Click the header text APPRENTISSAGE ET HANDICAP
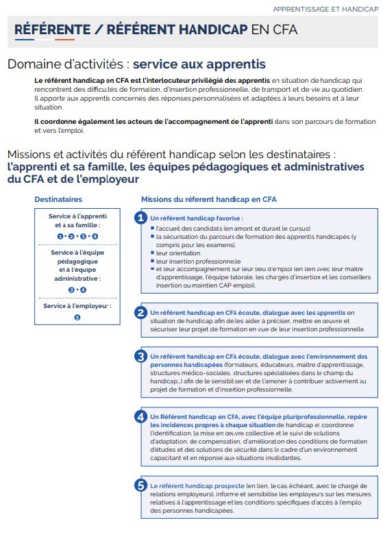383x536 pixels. tap(325, 10)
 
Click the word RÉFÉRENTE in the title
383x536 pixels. tap(52, 29)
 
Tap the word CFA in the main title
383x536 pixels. tap(284, 29)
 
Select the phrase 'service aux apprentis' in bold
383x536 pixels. tap(199, 64)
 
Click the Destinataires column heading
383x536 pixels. tap(58, 199)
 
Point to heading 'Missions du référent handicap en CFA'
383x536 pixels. tap(208, 199)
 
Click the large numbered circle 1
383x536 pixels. tap(141, 218)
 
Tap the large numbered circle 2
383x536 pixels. tap(141, 313)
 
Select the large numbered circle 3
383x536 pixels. tap(141, 357)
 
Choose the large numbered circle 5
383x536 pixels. tap(141, 485)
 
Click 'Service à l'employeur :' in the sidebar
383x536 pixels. tap(77, 306)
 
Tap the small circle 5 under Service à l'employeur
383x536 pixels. tap(77, 318)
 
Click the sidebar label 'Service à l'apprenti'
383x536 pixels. tap(77, 216)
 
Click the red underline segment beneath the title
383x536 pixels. tap(64, 40)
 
